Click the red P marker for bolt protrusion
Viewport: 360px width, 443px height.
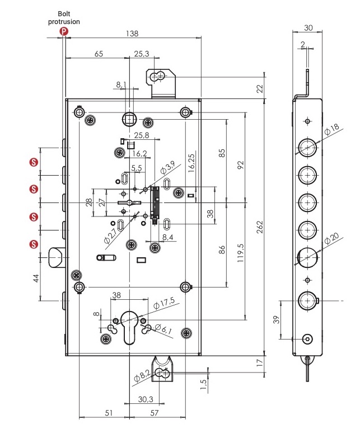pyautogui.click(x=64, y=32)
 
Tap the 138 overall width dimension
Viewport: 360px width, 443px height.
pyautogui.click(x=131, y=34)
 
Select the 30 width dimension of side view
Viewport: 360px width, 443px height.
pyautogui.click(x=308, y=27)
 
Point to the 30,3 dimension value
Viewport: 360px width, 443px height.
pyautogui.click(x=146, y=399)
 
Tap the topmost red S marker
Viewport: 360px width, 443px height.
pyautogui.click(x=34, y=162)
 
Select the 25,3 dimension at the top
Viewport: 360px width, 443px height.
pyautogui.click(x=141, y=54)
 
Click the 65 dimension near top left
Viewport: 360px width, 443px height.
pyautogui.click(x=99, y=54)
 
